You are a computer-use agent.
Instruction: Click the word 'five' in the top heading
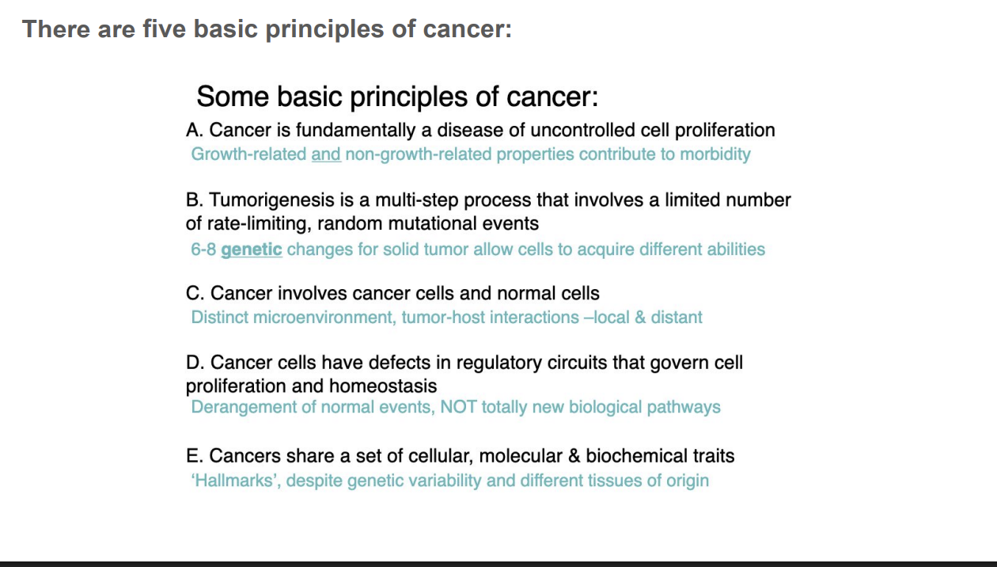click(164, 29)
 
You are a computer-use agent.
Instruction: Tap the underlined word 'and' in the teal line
click(326, 154)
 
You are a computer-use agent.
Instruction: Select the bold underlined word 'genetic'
click(251, 249)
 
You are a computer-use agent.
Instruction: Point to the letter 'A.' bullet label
click(195, 130)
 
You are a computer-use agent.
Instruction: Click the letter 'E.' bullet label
click(195, 456)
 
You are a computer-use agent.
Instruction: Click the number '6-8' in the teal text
click(203, 249)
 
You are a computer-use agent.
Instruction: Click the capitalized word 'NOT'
click(458, 407)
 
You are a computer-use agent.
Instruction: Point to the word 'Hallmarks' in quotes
click(237, 481)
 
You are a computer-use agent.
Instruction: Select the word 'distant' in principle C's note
click(677, 318)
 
